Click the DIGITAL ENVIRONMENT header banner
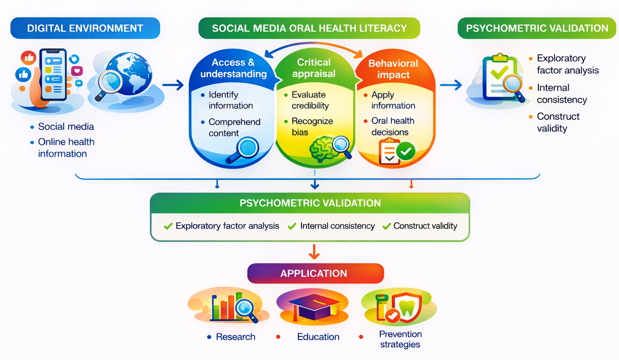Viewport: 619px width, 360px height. (x=85, y=28)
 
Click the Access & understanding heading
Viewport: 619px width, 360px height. (x=233, y=68)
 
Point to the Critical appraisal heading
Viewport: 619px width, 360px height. (x=314, y=68)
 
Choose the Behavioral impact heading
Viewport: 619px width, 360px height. (x=393, y=69)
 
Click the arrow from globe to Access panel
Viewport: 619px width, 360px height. (x=172, y=84)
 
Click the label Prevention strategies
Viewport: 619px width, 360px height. (x=400, y=340)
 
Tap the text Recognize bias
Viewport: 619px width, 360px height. (x=312, y=127)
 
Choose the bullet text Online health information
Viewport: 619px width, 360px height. (x=66, y=147)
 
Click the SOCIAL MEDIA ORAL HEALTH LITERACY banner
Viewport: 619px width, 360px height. (x=309, y=28)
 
